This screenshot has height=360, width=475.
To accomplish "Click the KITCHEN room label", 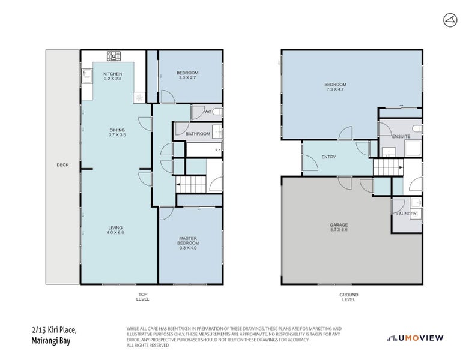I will coord(112,74).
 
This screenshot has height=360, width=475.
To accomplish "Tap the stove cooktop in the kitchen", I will coord(113,56).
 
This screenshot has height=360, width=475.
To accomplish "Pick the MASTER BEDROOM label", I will coord(188,241).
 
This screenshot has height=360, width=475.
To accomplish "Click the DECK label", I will coord(62,165).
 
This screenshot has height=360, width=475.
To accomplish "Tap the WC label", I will coord(207,112).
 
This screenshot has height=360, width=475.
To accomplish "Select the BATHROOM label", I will coord(198,134).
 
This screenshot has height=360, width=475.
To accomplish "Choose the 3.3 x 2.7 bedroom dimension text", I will coord(188,78).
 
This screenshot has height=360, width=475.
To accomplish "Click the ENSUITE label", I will coord(401,137).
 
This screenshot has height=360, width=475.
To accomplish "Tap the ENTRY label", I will coord(328,157).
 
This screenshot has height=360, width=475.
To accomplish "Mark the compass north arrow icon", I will coord(450,20).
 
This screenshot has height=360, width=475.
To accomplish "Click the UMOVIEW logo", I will coord(415,338).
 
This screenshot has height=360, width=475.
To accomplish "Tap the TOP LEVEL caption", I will coord(143,296).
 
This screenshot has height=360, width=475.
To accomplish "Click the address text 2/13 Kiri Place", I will coord(54,329).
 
